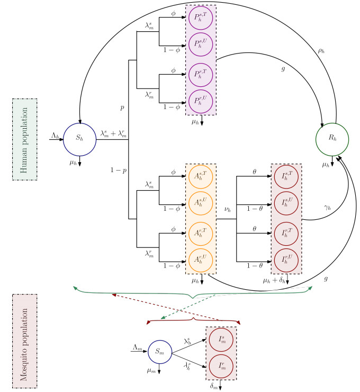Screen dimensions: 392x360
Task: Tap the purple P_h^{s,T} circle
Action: [x=201, y=19]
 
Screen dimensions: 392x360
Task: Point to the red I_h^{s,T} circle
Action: [x=286, y=177]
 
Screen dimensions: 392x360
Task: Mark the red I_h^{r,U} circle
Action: [x=286, y=260]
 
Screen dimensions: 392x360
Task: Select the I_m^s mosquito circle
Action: [x=221, y=340]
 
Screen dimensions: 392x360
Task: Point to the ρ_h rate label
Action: [x=321, y=51]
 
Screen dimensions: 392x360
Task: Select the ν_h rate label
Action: [x=228, y=211]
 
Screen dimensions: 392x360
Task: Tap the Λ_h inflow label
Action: [x=55, y=136]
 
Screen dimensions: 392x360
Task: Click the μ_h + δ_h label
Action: [x=273, y=280]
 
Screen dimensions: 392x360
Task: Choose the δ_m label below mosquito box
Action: [x=213, y=387]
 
